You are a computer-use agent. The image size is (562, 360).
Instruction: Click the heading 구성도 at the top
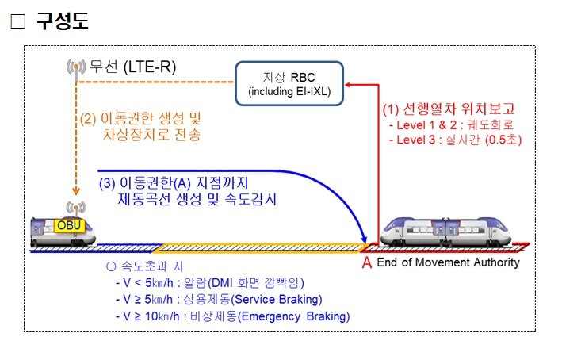pos(61,21)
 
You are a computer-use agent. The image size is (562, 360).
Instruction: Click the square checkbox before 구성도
pos(17,22)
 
